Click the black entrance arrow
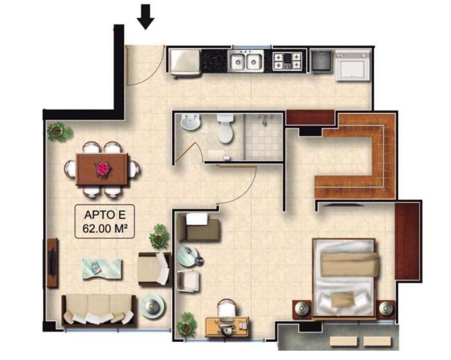coord(145,17)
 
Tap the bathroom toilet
coord(226,129)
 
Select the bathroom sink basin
coord(190,122)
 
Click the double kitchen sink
coord(246,61)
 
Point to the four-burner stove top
coord(287,61)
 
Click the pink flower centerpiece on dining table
coord(103,168)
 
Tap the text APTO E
coord(105,215)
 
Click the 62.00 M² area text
coord(105,229)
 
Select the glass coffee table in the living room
coord(102,269)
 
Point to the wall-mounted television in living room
coord(52,263)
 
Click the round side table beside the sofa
coord(153,306)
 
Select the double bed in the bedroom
coord(345,279)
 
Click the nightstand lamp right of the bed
coord(386,309)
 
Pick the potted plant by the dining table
coord(59,131)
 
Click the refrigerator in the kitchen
coord(185,63)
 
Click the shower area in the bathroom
coord(264,136)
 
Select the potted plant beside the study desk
coord(186,325)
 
